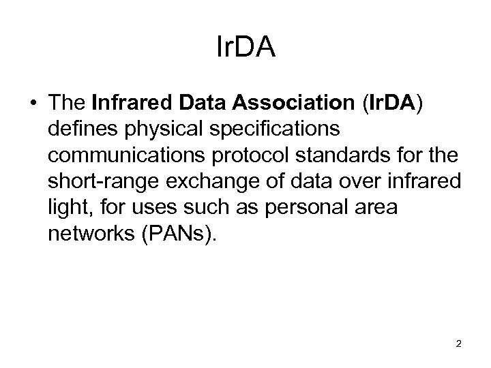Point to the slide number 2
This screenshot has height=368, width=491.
coord(459,342)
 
